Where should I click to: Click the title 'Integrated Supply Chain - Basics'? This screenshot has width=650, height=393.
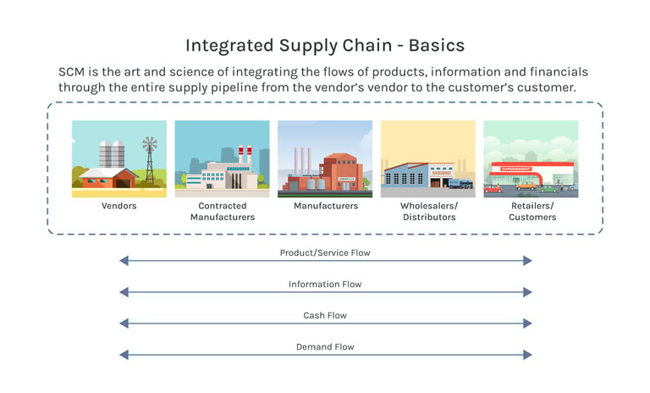coord(325,46)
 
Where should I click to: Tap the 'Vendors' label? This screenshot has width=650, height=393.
coord(119,206)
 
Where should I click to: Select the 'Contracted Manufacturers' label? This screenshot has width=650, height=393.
coord(223,211)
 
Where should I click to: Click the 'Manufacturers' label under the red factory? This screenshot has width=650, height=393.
coord(326,206)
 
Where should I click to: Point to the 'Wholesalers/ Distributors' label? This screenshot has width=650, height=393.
coord(429,211)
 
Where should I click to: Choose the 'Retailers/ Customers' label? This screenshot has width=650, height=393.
coord(532,211)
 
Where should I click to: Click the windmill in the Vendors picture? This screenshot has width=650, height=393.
coord(150,160)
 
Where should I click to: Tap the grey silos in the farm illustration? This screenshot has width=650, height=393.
coord(112,154)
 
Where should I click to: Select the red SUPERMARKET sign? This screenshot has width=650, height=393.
coord(515,169)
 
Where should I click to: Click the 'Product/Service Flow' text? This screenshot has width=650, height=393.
coord(325,252)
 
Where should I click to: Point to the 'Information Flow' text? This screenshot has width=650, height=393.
coord(325,285)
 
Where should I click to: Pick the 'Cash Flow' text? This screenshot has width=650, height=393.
coord(325,315)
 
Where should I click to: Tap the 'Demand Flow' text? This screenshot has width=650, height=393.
coord(325,347)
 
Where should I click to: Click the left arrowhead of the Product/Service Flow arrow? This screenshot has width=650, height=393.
coord(124,261)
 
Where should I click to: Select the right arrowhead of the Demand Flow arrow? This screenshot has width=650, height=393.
coord(527,355)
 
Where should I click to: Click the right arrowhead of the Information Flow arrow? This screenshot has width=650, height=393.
coord(527,292)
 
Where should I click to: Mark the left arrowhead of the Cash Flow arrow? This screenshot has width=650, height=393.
coord(124,324)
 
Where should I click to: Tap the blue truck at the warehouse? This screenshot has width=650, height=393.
coord(460,183)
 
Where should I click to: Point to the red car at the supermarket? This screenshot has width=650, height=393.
coord(493,189)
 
